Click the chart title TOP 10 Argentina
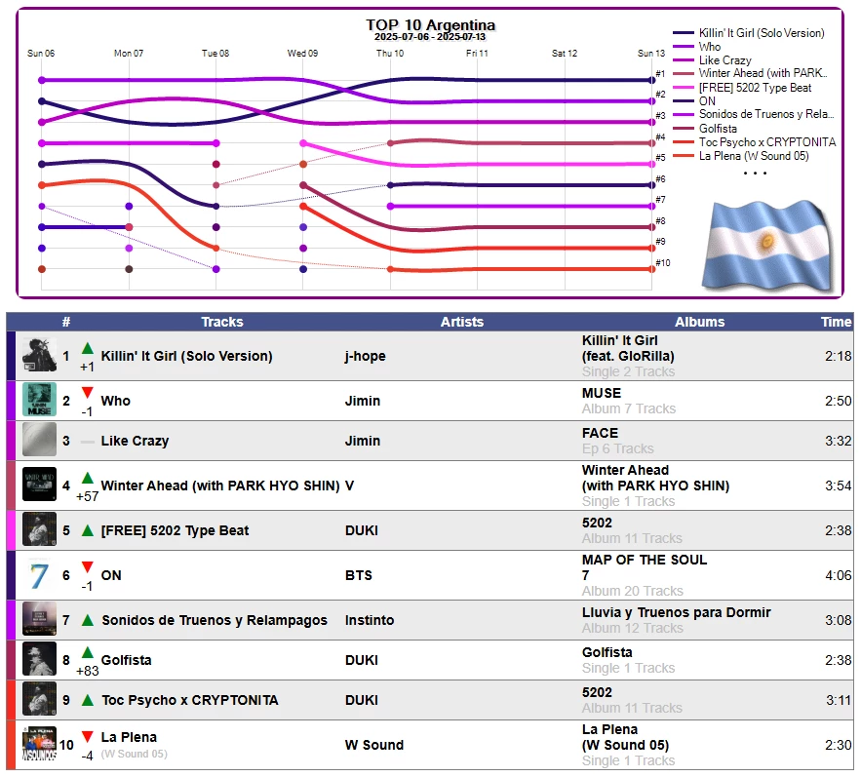(430, 25)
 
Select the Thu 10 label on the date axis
(390, 54)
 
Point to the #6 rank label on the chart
(660, 179)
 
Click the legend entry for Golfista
(718, 129)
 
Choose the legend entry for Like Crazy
(724, 60)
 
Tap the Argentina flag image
(765, 244)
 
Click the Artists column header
(461, 322)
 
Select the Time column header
(836, 322)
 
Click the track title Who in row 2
(115, 401)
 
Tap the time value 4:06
(838, 575)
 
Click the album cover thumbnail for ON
(39, 575)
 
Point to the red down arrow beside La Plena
(88, 737)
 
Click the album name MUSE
(601, 393)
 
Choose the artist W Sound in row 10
(374, 745)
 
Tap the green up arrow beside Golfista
(88, 652)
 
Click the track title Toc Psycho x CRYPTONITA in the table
(189, 700)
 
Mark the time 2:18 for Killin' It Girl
(838, 356)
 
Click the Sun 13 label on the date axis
(651, 54)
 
